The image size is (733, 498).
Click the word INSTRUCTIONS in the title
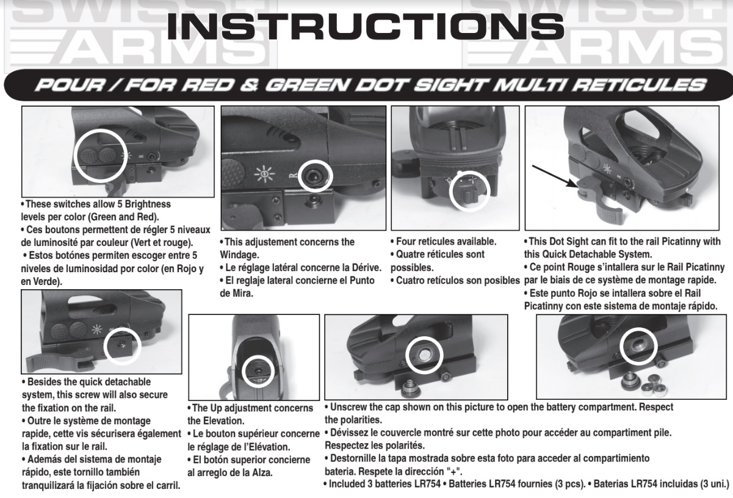pos(365,26)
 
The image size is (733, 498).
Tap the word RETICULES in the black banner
pos(638,85)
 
